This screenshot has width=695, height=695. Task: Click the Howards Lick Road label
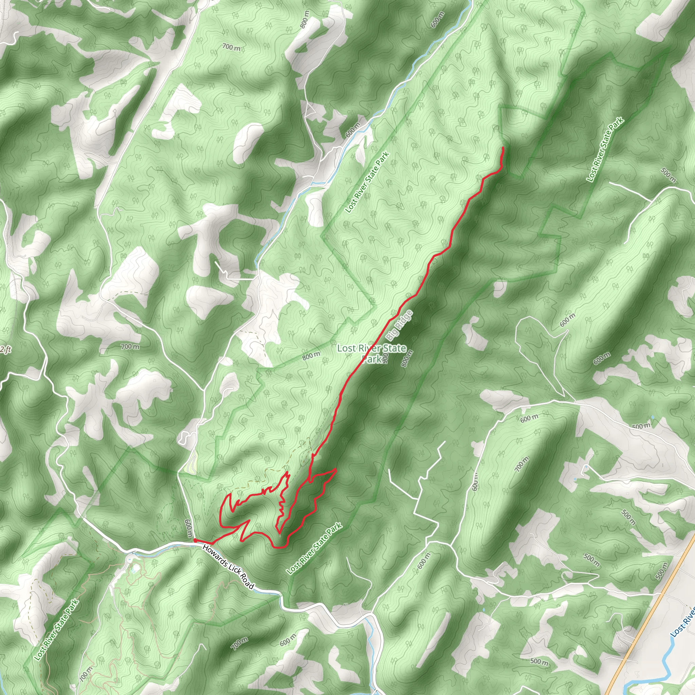pos(228,568)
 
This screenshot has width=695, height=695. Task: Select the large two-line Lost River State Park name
pos(372,353)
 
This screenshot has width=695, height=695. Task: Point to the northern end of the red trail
pos(503,148)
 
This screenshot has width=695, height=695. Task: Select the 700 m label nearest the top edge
pos(231,47)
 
